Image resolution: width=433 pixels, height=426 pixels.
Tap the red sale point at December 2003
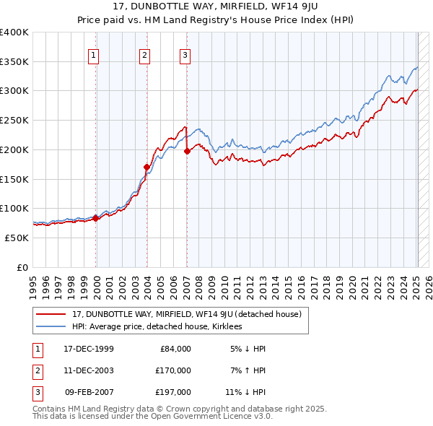146,167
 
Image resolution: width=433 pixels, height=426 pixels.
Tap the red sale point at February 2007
187,151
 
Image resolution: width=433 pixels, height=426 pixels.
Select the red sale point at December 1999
96,217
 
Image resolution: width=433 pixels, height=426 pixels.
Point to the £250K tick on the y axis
14,120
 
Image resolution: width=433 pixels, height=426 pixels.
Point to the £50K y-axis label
17,238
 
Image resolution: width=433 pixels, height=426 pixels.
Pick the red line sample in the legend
51,314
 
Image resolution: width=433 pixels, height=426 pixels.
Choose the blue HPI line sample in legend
51,326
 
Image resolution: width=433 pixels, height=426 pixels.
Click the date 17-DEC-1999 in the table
89,349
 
